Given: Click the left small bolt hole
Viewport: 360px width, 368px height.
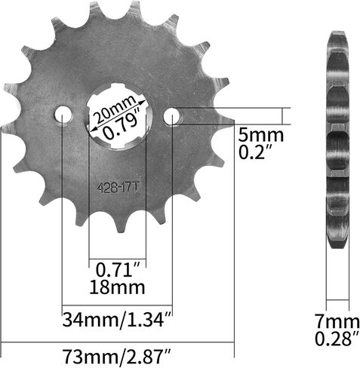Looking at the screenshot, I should coord(62,115).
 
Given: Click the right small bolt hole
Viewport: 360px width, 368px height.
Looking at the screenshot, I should coord(172,115).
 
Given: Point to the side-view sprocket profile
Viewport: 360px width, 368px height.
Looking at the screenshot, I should coord(338,140).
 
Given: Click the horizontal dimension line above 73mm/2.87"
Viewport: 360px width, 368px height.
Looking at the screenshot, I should coord(117,339).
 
